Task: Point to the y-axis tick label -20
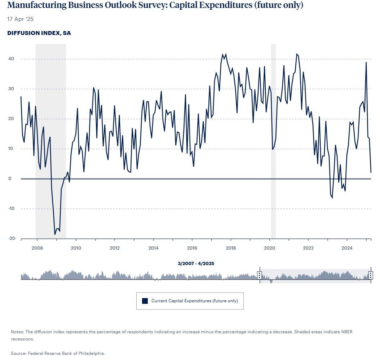(x=12, y=239)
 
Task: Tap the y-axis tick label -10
(x=12, y=209)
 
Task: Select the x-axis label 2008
(x=37, y=248)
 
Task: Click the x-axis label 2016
(x=192, y=248)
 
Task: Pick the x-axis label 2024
(x=347, y=248)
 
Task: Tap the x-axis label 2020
(x=270, y=248)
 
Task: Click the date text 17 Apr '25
(x=20, y=19)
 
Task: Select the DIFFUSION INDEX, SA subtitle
(x=39, y=33)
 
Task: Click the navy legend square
(x=145, y=301)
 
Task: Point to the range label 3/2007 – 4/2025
(x=196, y=263)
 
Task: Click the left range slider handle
(x=259, y=276)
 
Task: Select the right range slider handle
(x=370, y=276)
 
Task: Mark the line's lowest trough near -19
(x=55, y=234)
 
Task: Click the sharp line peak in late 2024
(x=366, y=62)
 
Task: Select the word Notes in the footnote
(x=17, y=331)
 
